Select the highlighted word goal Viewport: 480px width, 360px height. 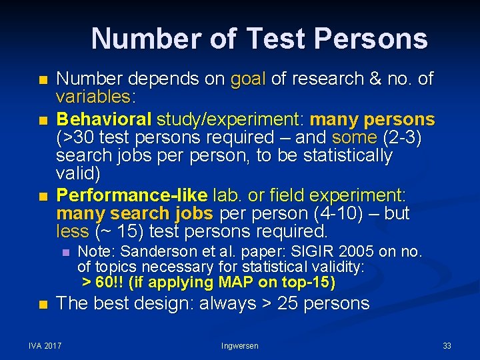[x=247, y=79]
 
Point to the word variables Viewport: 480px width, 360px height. [x=94, y=97]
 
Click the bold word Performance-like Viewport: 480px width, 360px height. [x=132, y=196]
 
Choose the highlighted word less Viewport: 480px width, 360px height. [x=72, y=232]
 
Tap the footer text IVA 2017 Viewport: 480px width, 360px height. [x=45, y=345]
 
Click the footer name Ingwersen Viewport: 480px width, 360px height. [x=239, y=345]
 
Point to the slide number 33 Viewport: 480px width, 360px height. [x=447, y=345]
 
